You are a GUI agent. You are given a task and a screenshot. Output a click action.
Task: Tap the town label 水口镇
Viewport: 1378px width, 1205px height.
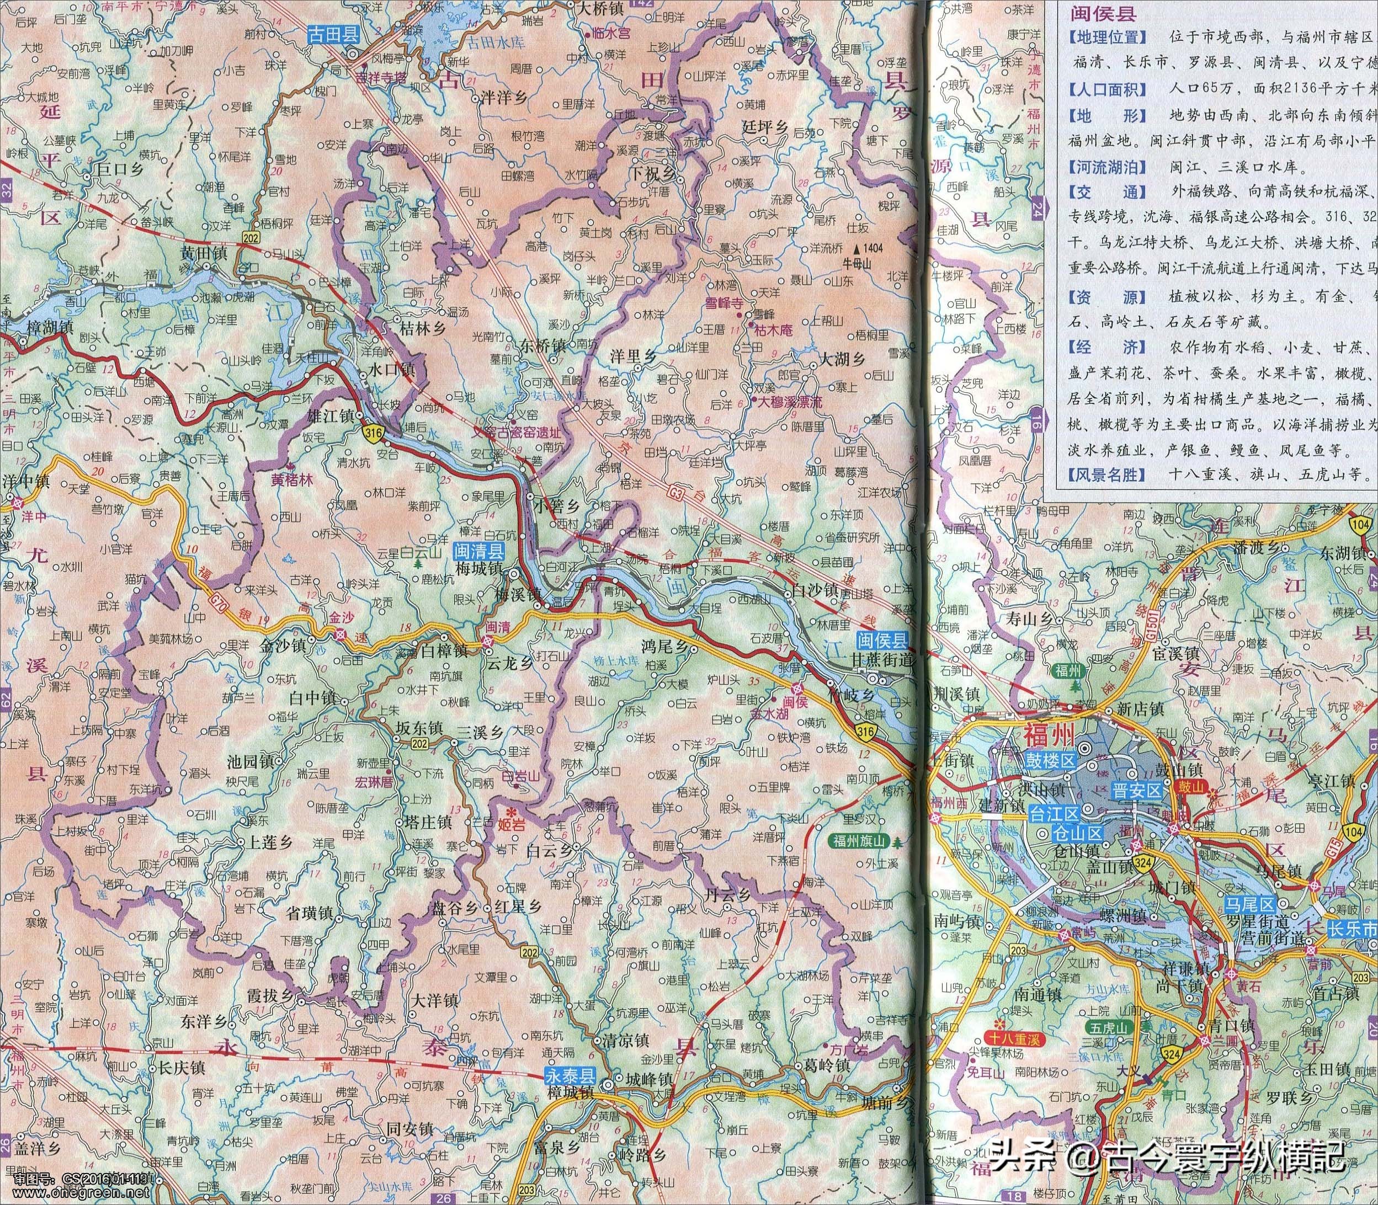tap(393, 369)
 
